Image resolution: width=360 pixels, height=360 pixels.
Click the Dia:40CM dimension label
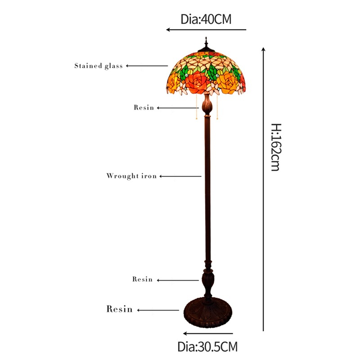pyautogui.click(x=206, y=19)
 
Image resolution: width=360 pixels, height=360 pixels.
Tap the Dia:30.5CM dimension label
pyautogui.click(x=207, y=346)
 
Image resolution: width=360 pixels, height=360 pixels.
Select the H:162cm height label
pyautogui.click(x=276, y=147)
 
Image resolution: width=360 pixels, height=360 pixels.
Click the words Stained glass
pyautogui.click(x=99, y=66)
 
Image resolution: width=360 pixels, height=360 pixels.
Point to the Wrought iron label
pyautogui.click(x=131, y=176)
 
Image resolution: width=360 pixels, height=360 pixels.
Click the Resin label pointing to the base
pyautogui.click(x=119, y=309)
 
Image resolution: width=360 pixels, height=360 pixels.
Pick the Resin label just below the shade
pyautogui.click(x=144, y=108)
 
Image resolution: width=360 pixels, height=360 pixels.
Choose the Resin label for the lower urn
pyautogui.click(x=142, y=279)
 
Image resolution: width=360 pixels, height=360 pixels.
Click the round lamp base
pyautogui.click(x=208, y=312)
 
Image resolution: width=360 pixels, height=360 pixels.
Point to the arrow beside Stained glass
pyautogui.click(x=147, y=66)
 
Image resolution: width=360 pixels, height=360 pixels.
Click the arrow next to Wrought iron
pyautogui.click(x=180, y=176)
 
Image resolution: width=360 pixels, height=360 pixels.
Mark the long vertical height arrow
pyautogui.click(x=263, y=189)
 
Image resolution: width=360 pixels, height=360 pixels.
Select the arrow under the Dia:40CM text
pyautogui.click(x=206, y=30)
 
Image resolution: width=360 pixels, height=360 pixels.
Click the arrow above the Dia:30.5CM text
pyautogui.click(x=208, y=333)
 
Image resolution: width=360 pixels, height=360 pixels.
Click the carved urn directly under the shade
pyautogui.click(x=207, y=104)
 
